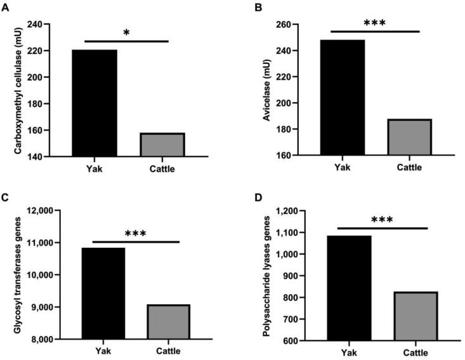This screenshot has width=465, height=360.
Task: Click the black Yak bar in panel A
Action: pos(95,103)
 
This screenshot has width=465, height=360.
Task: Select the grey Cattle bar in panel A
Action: pos(162,145)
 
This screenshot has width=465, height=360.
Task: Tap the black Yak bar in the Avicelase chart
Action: pos(342,98)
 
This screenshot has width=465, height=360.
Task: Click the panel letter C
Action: pos(5,198)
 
